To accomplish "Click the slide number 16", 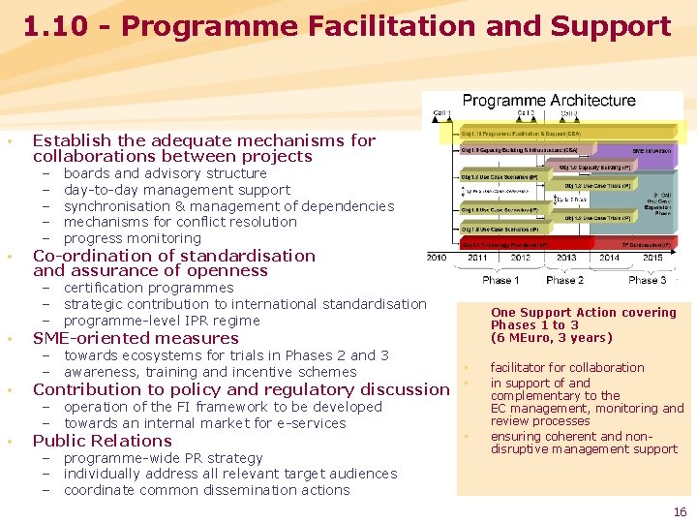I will point(679,511).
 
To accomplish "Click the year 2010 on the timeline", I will point(438,258).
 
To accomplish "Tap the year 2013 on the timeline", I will point(565,258).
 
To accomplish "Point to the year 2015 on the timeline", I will point(652,258).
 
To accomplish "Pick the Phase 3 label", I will point(647,279).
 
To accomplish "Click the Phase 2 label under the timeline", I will point(565,279).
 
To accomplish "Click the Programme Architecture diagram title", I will point(549,101).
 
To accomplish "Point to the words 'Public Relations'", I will point(103,441).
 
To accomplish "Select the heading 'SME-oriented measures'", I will point(136,338).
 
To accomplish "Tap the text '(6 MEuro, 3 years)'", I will point(552,338).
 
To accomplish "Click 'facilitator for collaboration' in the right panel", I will point(567,368).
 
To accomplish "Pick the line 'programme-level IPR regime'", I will point(162,321).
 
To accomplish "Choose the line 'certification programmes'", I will point(148,288).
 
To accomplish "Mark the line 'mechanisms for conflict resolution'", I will point(180,222).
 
